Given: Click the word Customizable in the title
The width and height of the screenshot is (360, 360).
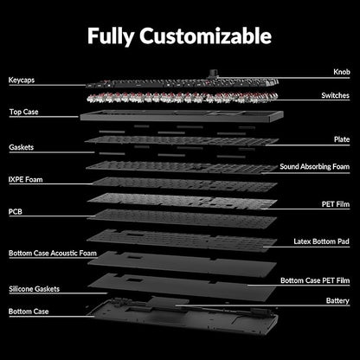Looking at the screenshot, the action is pos(205,35).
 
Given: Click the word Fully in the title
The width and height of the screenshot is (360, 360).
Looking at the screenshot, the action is pos(111,36).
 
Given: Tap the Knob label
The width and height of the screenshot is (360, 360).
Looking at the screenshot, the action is pos(342,72).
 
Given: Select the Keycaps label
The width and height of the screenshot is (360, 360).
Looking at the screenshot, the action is pos(22,80).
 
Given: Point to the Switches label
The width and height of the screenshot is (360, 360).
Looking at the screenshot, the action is pos(335,95).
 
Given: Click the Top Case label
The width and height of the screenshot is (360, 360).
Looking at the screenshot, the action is pos(23,112).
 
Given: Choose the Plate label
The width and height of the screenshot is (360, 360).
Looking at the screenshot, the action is pos(342,139).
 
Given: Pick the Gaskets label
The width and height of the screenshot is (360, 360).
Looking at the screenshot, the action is pos(22,147).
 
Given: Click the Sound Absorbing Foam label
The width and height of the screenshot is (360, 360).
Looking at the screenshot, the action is pos(315,167).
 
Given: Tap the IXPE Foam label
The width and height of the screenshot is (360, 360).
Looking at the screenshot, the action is pos(26,180).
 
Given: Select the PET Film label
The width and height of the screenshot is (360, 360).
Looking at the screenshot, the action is pos(336,204).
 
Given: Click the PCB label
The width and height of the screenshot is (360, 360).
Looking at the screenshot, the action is pos(16,212).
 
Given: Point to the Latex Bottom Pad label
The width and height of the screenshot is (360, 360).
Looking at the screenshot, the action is pos(322,241).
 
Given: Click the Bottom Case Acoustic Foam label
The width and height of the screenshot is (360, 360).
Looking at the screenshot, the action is pos(53,254).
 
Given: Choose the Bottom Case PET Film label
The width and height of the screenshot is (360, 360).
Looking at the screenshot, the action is pos(315,280).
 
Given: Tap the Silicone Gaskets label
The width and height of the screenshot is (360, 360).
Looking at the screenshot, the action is pos(35,289).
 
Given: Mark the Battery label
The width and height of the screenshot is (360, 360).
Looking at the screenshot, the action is pos(337,301).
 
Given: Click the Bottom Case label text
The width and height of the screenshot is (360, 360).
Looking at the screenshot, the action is pos(29,312).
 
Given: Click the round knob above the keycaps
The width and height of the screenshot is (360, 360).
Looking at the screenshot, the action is pos(214,74).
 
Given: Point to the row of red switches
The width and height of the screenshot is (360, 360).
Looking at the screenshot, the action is pos(183,98).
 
